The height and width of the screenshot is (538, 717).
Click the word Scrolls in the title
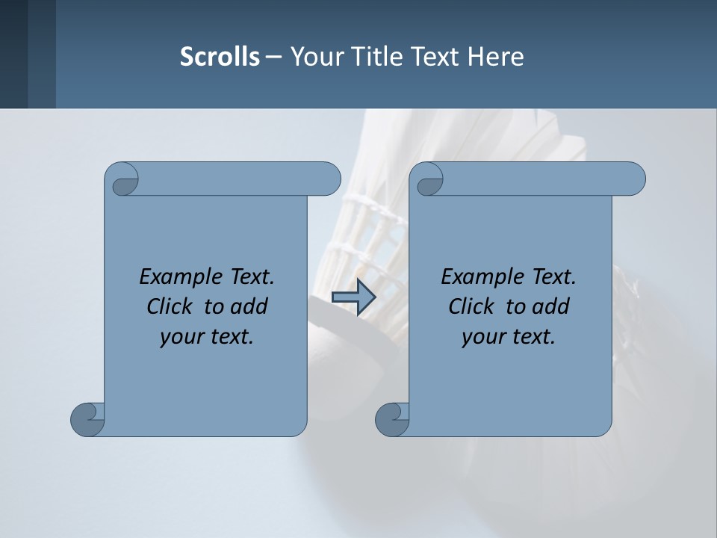220,57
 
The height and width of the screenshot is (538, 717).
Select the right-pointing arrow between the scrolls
353,297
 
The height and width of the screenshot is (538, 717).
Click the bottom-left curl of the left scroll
87,419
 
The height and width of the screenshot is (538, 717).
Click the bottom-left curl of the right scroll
392,419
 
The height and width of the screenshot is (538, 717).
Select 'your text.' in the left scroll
207,337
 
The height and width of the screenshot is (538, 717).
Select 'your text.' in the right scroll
509,337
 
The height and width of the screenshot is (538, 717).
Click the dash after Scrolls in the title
274,57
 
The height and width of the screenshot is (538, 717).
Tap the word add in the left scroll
249,306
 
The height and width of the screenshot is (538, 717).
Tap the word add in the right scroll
550,306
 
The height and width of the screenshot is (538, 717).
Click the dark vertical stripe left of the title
42,54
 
